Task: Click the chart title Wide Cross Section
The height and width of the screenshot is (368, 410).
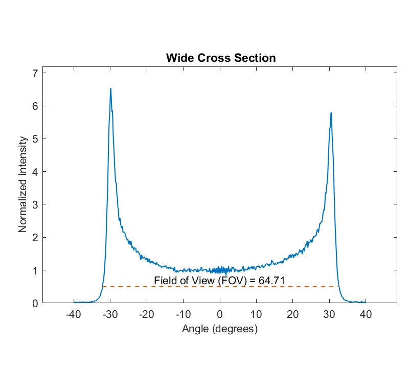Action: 220,58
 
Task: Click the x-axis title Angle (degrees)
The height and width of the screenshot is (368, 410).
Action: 220,329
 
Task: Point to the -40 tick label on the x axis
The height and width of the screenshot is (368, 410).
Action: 74,314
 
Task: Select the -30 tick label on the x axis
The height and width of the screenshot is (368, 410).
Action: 110,314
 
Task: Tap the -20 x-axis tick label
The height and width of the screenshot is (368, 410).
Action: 147,314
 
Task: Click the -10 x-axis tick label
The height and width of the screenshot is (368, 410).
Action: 183,314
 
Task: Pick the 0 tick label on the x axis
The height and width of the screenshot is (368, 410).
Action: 220,314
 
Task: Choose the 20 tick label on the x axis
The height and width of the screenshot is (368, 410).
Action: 292,314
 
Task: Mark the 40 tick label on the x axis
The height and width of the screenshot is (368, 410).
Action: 366,314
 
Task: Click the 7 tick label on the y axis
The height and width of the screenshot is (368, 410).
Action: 35,73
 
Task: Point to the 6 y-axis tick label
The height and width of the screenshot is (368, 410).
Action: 35,106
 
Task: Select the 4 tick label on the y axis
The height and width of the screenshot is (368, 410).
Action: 35,172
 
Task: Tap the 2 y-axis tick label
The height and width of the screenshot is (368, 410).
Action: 35,237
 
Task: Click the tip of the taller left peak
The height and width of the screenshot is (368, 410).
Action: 110,88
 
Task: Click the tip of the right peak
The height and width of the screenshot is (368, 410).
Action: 331,112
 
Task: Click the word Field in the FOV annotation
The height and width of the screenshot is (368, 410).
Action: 164,281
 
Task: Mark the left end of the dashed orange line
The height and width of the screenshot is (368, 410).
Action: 103,287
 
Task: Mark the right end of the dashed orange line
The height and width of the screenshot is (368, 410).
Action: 339,287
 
